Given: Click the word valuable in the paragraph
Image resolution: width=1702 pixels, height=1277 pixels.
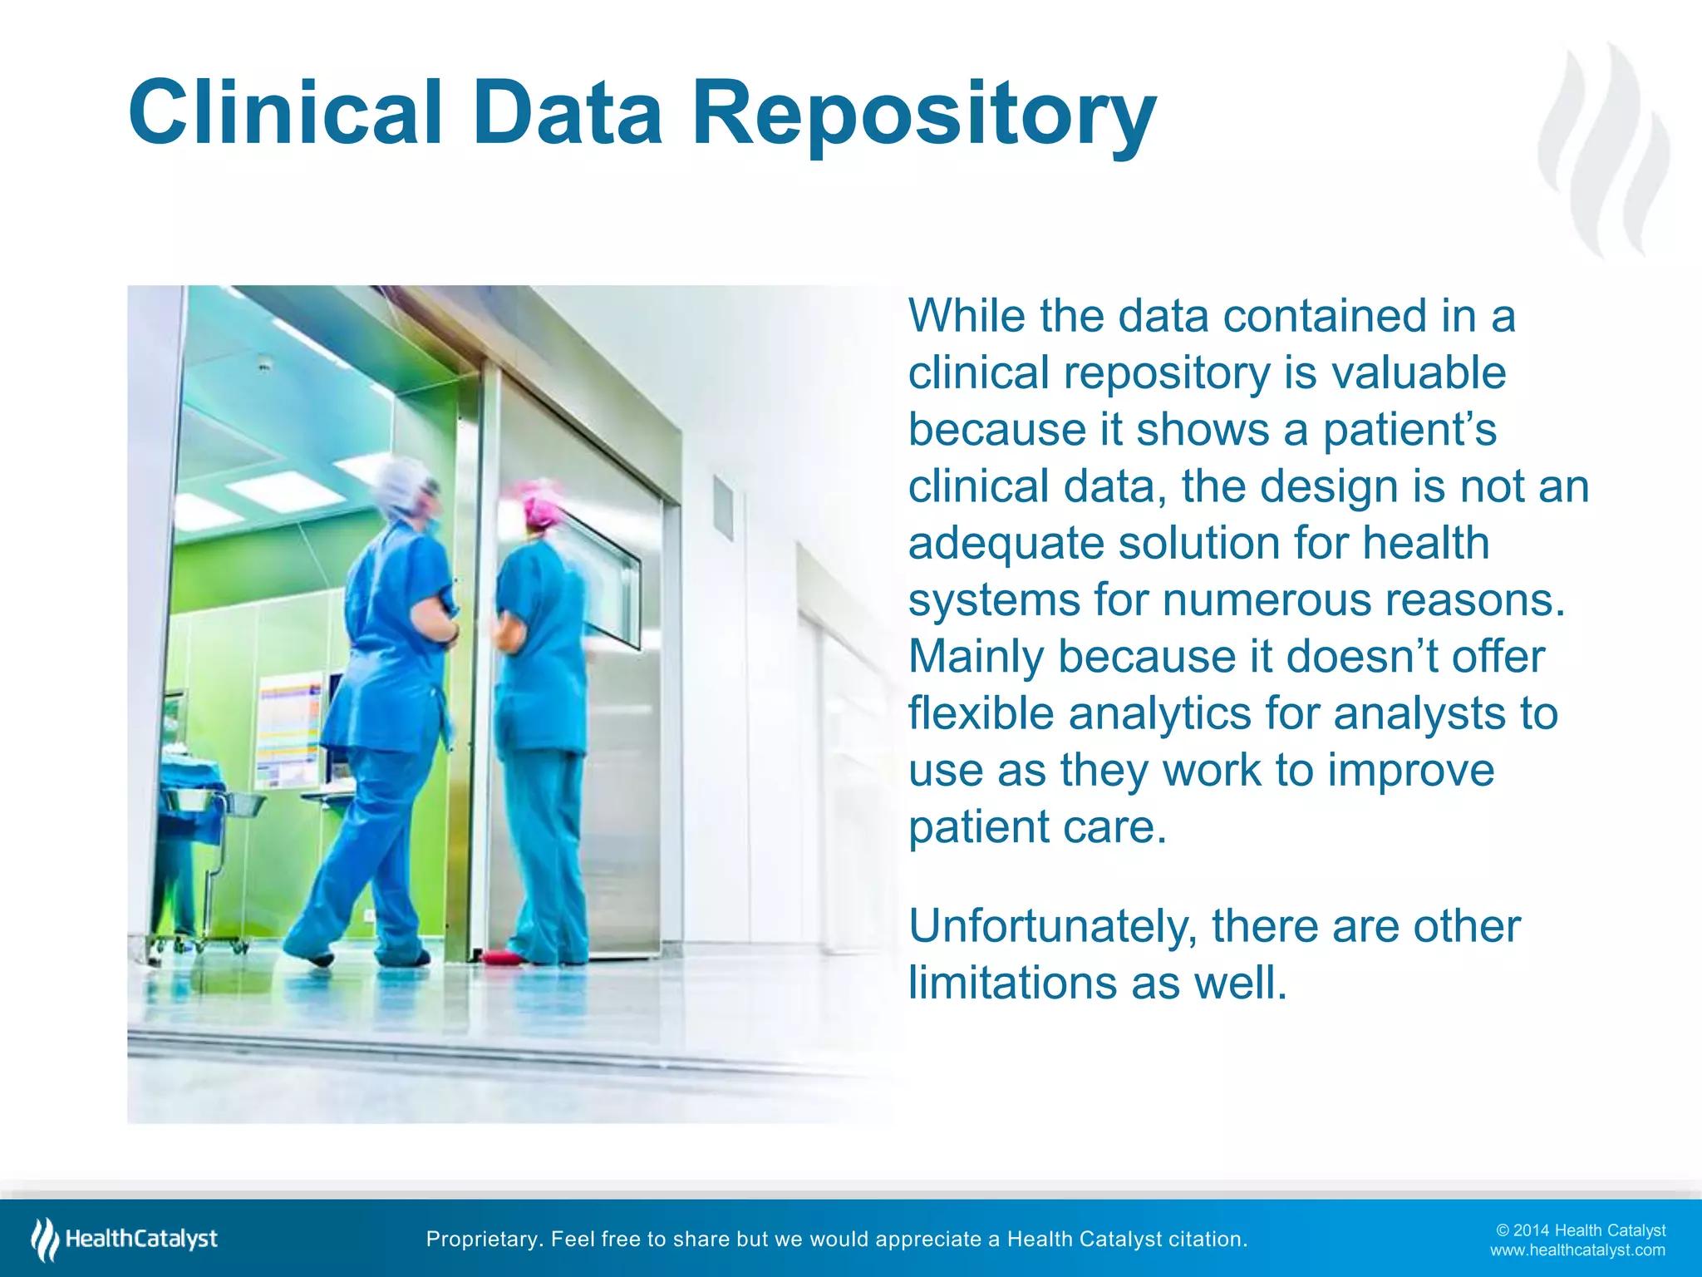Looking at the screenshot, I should [1419, 372].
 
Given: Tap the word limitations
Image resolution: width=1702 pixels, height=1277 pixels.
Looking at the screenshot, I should [1011, 983].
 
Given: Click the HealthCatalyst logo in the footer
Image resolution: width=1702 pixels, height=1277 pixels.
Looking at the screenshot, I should [125, 1239].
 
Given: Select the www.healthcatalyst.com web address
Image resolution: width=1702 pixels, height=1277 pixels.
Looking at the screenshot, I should [1577, 1250].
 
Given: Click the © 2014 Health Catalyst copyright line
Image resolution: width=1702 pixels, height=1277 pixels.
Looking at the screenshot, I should [1581, 1230].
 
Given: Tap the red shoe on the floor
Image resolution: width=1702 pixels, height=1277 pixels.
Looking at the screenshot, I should [503, 958].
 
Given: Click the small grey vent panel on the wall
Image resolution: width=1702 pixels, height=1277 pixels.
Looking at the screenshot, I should [723, 507].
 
